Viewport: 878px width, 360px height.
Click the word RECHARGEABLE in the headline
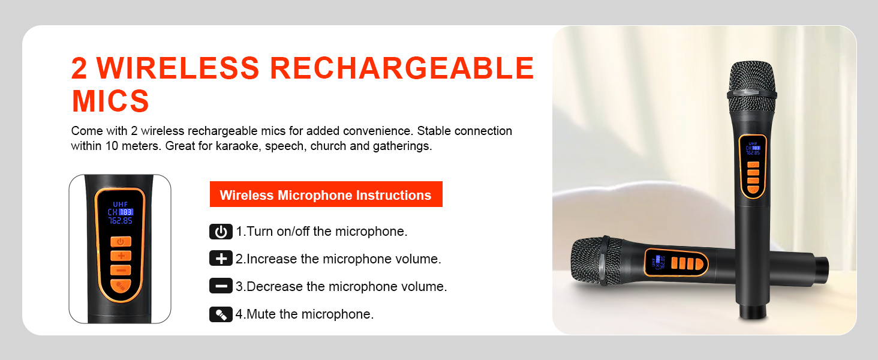pos(402,68)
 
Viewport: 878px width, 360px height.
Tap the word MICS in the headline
pos(110,100)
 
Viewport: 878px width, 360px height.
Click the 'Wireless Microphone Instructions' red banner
pos(326,195)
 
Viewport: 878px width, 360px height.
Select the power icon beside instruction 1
pos(221,232)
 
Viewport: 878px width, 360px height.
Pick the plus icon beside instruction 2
pos(221,259)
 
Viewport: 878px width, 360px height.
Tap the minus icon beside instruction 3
pos(221,286)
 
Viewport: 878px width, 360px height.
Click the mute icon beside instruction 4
pos(221,314)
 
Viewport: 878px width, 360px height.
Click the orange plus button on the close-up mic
pos(120,256)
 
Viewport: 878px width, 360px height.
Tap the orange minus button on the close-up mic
pos(120,270)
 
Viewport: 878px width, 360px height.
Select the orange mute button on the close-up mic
pos(120,286)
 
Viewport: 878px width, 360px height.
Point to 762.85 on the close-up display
pos(120,220)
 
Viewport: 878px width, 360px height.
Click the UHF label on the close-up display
pos(120,204)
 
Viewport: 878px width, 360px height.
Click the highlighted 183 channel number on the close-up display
pos(126,212)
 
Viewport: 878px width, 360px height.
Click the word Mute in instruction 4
pos(260,314)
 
